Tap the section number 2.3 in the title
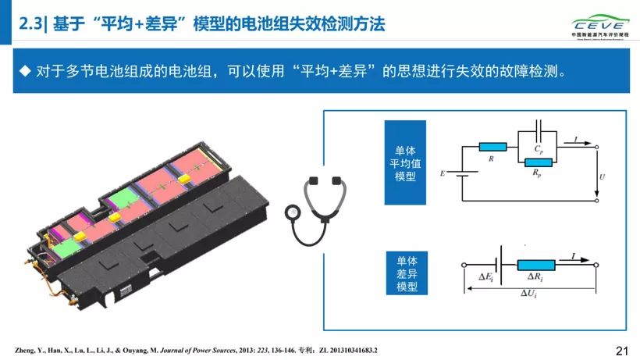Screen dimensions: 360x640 30,24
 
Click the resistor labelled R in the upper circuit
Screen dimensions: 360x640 492,146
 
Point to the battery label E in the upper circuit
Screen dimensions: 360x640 443,173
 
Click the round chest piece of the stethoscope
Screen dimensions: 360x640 292,212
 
